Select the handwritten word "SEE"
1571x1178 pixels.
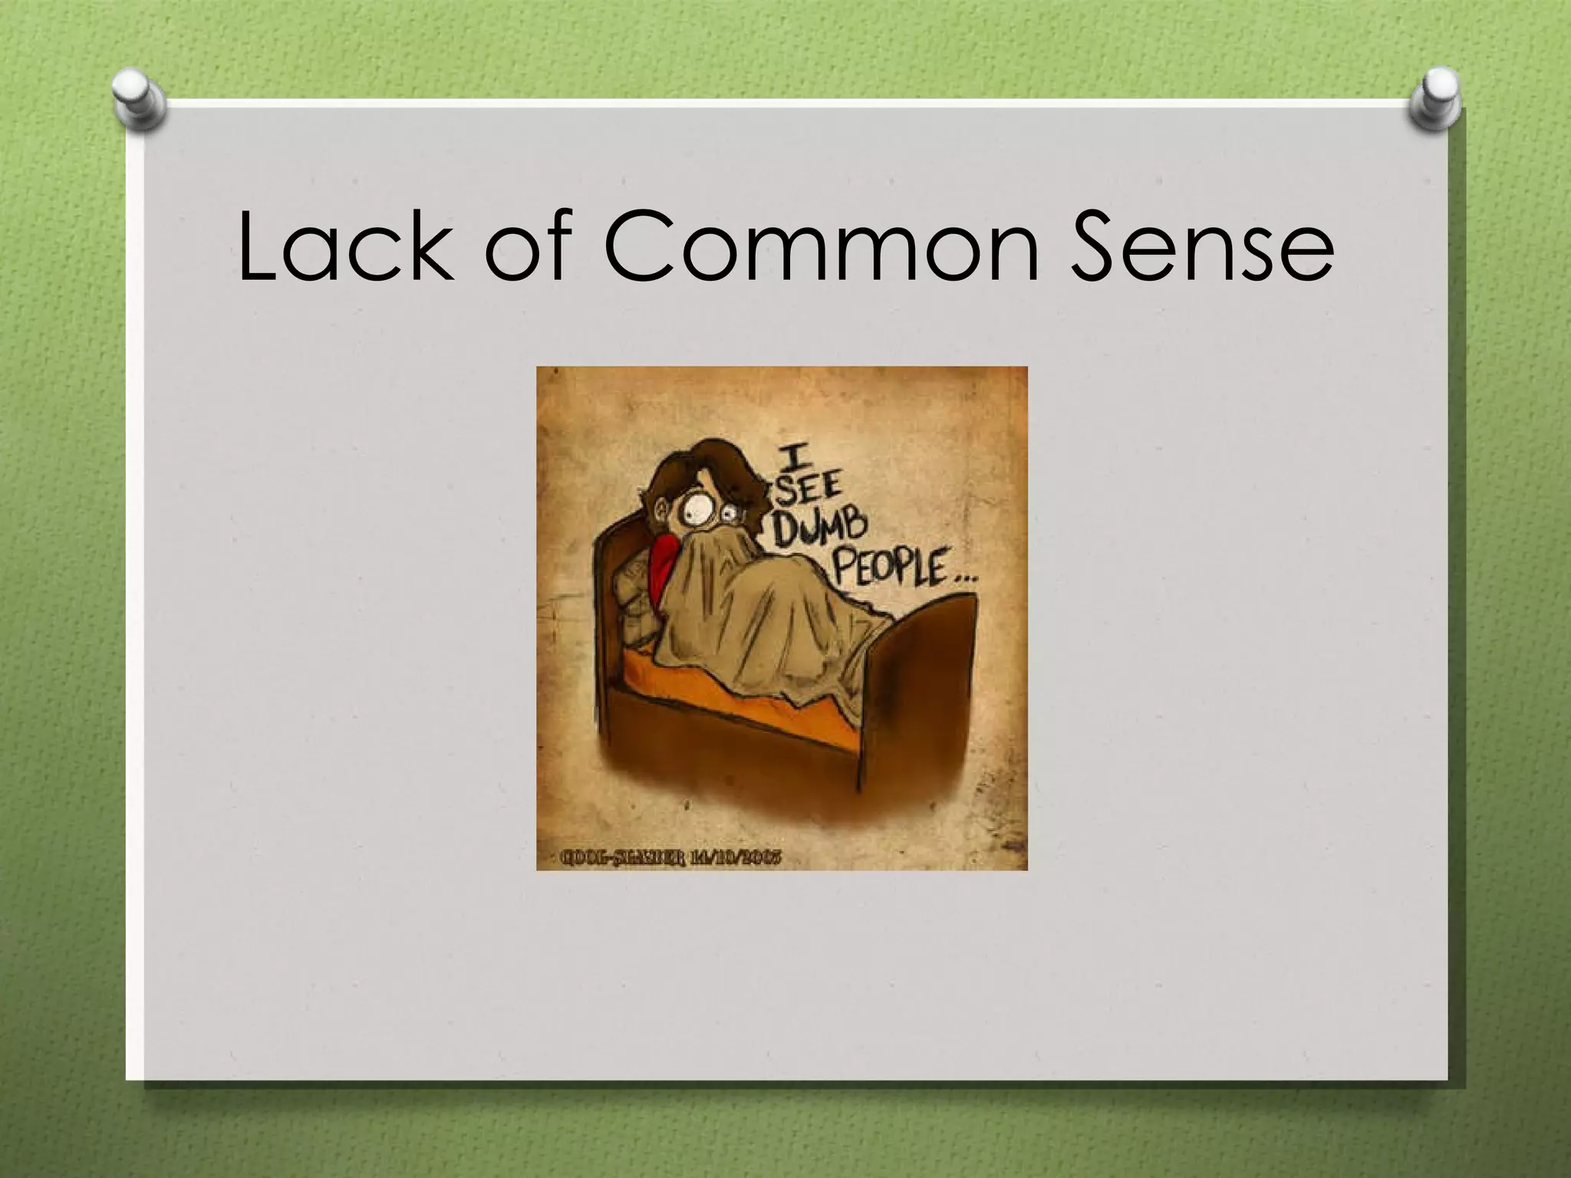click(809, 488)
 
